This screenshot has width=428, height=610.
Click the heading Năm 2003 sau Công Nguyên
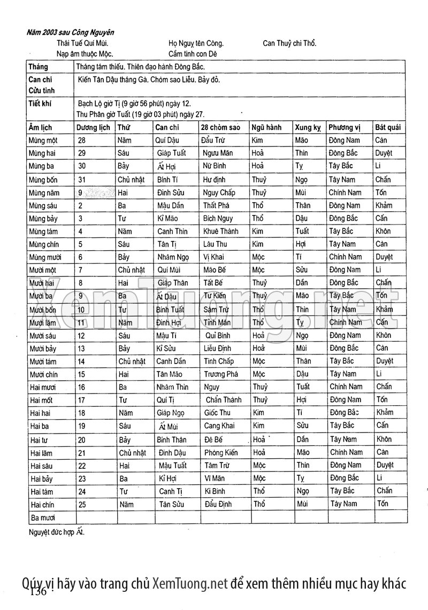(70, 33)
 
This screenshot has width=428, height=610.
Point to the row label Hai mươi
(44, 387)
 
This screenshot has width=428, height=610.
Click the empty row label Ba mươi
(43, 518)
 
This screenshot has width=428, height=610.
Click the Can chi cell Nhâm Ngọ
(173, 257)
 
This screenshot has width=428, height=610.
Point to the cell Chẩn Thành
(224, 400)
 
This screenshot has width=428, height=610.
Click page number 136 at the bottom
(40, 593)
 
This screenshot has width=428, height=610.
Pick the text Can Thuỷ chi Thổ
(289, 43)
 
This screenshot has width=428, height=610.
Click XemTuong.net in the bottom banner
(190, 583)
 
